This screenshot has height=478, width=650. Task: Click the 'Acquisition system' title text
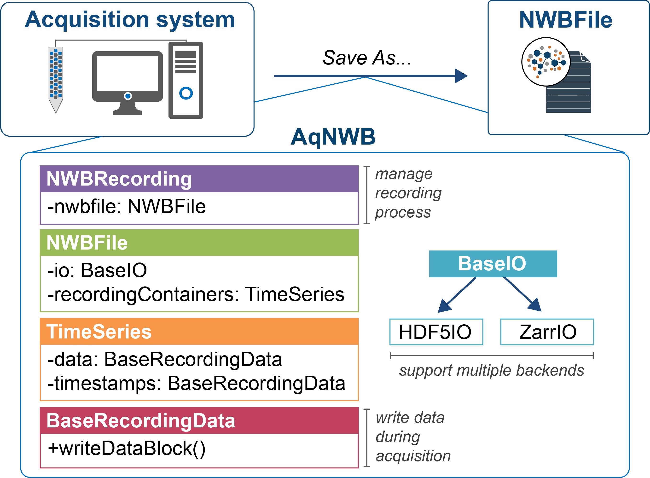(130, 20)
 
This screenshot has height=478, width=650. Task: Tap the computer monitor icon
(127, 78)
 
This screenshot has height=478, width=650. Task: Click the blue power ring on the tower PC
(186, 93)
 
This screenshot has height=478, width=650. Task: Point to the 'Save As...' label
(366, 58)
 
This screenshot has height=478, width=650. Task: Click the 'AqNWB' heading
(333, 137)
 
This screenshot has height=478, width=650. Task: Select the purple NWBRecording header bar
(199, 179)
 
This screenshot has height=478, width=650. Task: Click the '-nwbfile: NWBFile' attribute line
(126, 207)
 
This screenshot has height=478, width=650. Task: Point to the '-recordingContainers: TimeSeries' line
(196, 295)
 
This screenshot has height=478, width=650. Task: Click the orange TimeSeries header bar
(199, 332)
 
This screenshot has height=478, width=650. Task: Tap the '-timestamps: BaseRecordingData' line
(196, 384)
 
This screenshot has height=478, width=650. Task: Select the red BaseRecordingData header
(199, 421)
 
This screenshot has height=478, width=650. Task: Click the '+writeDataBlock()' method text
(126, 449)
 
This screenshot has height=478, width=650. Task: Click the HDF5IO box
(436, 332)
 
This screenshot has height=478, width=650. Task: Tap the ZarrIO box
(547, 332)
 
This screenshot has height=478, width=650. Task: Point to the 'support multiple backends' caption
(492, 371)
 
